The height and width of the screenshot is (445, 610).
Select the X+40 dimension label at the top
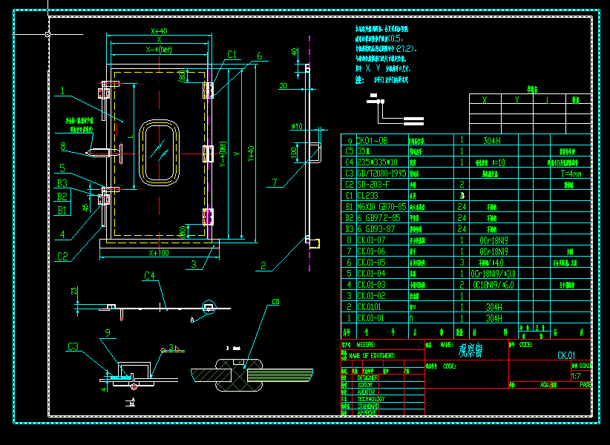coord(158,32)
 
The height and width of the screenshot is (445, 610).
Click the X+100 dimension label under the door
coord(158,252)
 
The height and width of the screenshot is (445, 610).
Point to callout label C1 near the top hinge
coord(232,54)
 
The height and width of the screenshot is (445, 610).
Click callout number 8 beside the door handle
coord(63,146)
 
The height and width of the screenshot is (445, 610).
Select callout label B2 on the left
coord(63,197)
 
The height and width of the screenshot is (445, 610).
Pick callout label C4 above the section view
coord(149,276)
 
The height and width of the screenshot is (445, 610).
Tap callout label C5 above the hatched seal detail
coord(275,302)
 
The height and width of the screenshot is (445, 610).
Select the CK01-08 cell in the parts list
coord(373,140)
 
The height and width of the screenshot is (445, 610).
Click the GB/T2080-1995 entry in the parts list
coord(381,173)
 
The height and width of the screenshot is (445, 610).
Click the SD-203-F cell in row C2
coord(375,184)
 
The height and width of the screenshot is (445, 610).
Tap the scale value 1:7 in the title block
coord(576,376)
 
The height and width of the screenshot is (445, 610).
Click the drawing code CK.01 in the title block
coord(566,355)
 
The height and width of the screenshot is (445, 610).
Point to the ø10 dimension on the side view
coord(297,126)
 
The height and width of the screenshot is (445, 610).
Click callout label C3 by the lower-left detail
coord(73,346)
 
